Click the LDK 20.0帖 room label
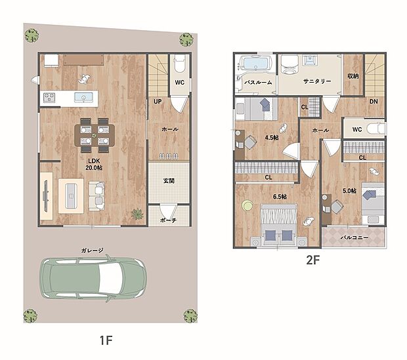pos(94,164)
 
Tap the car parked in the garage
pos(93,279)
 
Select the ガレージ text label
pos(92,250)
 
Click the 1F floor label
pos(106,340)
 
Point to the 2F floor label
pos(312,260)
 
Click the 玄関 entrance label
pos(169,181)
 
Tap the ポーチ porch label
pos(168,220)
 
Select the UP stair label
pos(158,102)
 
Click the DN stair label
pos(374,102)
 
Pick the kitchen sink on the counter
pos(83,97)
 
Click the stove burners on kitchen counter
pos(49,97)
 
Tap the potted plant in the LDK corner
pos(137,214)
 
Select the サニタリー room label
pos(317,81)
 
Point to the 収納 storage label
pos(353,75)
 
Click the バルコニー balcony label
pos(354,237)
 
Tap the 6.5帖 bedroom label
pos(280,197)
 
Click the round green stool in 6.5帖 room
pos(247,205)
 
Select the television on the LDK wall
pos(46,196)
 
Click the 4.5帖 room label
pos(272,138)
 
